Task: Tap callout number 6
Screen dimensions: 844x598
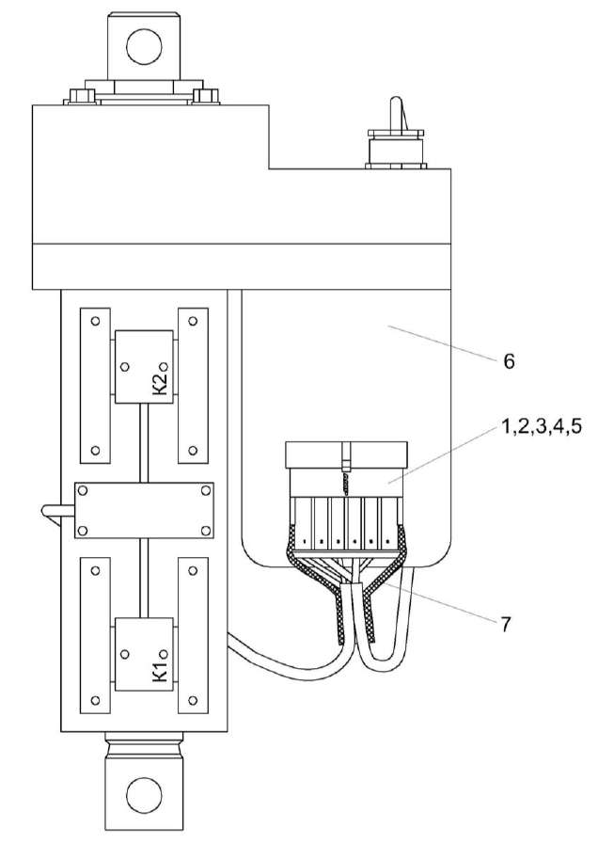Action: [x=509, y=361]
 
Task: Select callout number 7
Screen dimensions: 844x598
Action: [x=507, y=623]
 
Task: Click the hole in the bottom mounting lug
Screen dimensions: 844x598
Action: [x=144, y=790]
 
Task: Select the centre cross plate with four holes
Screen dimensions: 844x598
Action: [x=144, y=511]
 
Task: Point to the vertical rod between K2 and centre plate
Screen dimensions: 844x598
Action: [x=144, y=442]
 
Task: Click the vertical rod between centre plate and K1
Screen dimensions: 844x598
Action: [x=144, y=578]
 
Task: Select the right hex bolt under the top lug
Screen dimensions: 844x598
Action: [x=209, y=97]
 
